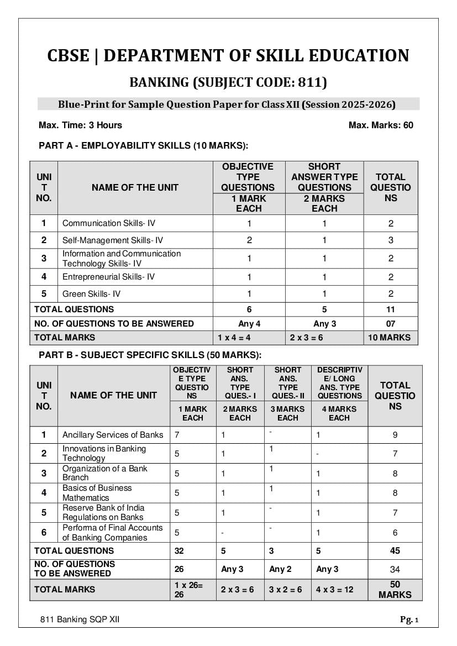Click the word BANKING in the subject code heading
pyautogui.click(x=158, y=83)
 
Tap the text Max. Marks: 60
pyautogui.click(x=381, y=125)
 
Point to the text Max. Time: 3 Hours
pyautogui.click(x=80, y=125)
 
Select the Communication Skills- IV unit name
pyautogui.click(x=108, y=223)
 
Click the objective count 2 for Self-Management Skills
pyautogui.click(x=249, y=240)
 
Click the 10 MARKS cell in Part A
pyautogui.click(x=390, y=337)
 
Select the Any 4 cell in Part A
pyautogui.click(x=249, y=323)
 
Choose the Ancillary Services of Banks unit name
pyautogui.click(x=113, y=435)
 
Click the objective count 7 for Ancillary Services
pyautogui.click(x=177, y=435)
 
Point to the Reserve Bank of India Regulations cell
pyautogui.click(x=103, y=512)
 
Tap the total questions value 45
pyautogui.click(x=395, y=550)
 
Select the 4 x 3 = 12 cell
pyautogui.click(x=334, y=589)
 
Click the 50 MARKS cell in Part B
pyautogui.click(x=395, y=589)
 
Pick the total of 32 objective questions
pyautogui.click(x=179, y=550)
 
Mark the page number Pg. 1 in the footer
pyautogui.click(x=409, y=619)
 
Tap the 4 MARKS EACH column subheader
pyautogui.click(x=339, y=413)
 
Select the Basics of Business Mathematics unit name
pyautogui.click(x=97, y=493)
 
